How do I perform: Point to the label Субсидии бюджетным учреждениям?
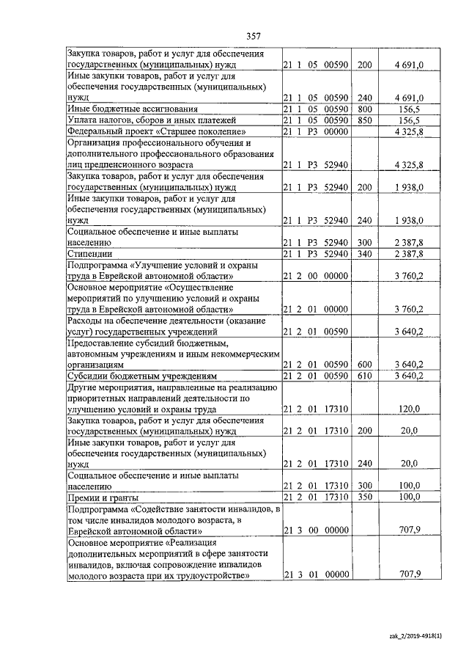(x=141, y=376)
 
